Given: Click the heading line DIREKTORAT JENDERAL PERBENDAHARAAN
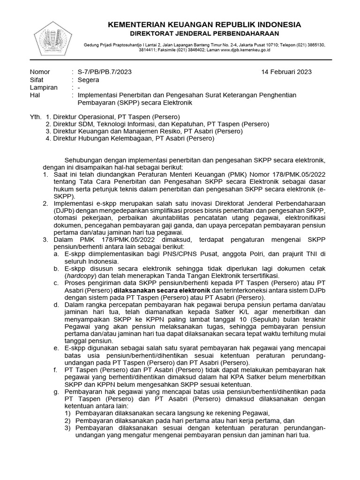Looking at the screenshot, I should [x=204, y=33].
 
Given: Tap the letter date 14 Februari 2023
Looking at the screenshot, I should [x=286, y=72].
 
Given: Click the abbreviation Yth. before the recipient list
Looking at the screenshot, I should [x=35, y=116].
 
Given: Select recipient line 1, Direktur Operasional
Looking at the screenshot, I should [x=112, y=116].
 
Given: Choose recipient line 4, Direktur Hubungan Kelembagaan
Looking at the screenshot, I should [x=130, y=139].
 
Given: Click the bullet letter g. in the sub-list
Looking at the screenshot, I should [x=56, y=390].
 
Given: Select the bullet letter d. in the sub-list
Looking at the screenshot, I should [x=56, y=306].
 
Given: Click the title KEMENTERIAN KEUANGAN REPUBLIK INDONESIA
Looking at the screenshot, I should [x=204, y=24].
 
